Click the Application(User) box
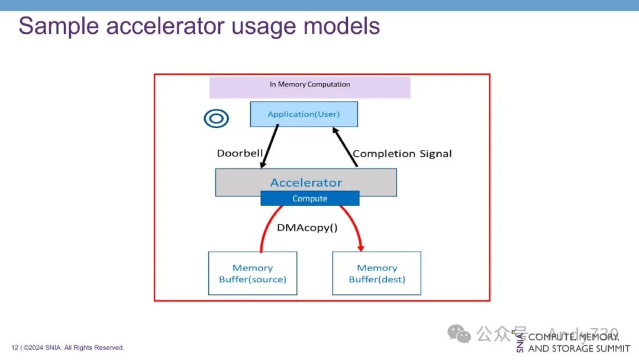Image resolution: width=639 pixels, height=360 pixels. [x=304, y=114]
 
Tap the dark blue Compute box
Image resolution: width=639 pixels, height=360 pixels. [x=310, y=198]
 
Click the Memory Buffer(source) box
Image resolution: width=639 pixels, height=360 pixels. [x=253, y=274]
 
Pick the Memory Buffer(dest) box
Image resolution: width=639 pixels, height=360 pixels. [x=377, y=274]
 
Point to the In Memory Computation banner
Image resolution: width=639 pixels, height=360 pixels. [x=310, y=87]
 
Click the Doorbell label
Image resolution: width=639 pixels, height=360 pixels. [x=240, y=153]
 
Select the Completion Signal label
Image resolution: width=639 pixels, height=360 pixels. [x=402, y=153]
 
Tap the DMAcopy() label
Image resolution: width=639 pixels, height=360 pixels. [x=307, y=227]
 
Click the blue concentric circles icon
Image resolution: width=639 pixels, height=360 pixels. [x=216, y=118]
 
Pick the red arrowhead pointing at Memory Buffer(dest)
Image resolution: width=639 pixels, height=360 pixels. [x=360, y=247]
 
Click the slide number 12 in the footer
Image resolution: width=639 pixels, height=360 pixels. [x=14, y=348]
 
